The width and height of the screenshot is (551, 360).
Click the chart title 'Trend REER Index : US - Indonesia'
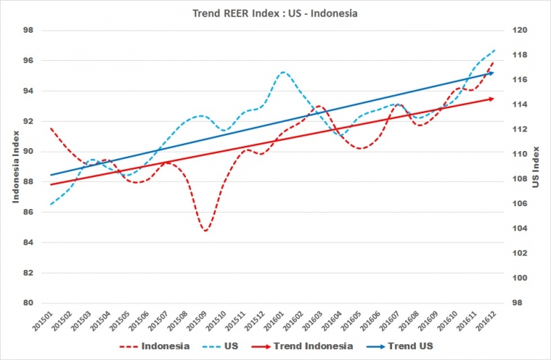tap(275, 12)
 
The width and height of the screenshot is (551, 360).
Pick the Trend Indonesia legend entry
tap(319, 346)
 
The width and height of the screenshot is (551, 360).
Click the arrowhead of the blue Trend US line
tap(492, 72)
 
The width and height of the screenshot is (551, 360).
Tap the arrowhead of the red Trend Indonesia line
tap(492, 98)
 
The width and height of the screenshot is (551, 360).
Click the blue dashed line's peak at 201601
tap(284, 72)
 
